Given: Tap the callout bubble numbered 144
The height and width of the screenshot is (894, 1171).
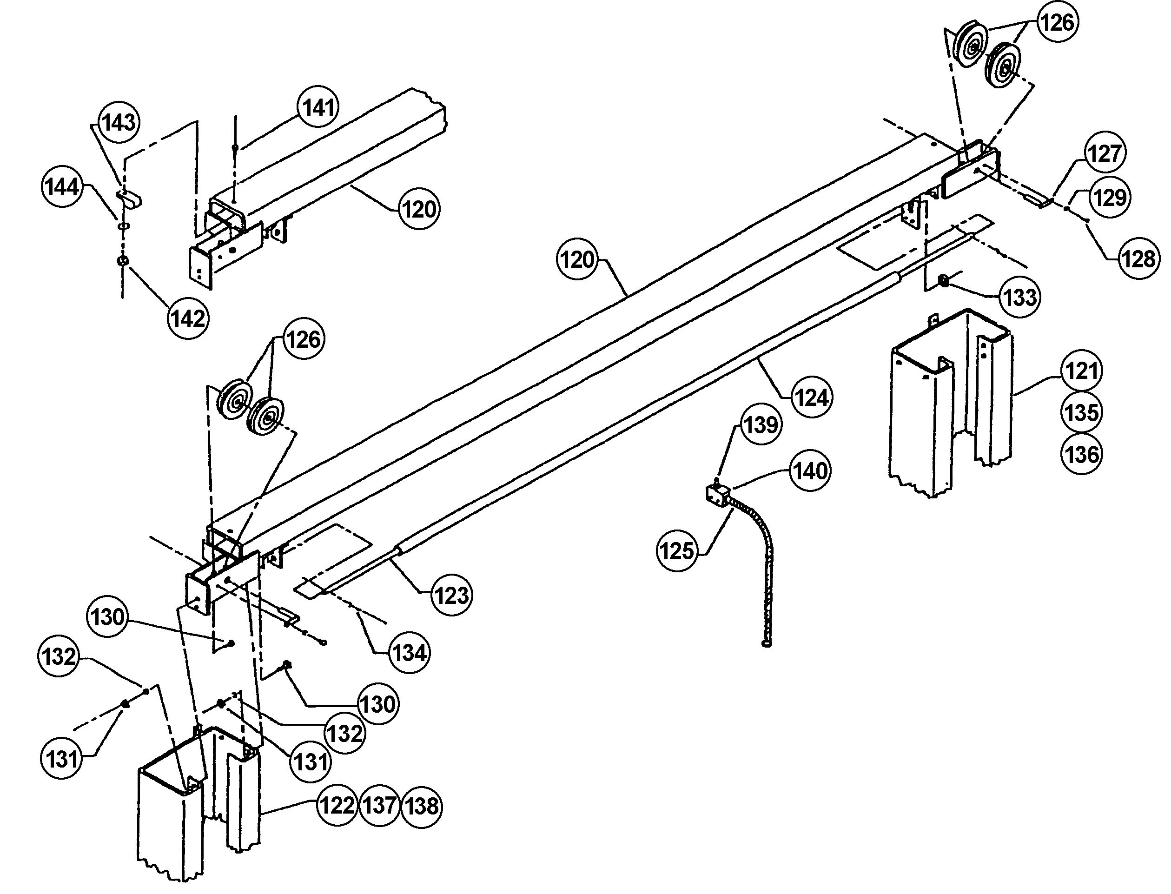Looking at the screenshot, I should [62, 187].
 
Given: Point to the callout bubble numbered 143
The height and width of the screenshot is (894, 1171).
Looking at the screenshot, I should [119, 123].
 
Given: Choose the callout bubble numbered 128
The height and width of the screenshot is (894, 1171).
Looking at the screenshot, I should [1139, 259].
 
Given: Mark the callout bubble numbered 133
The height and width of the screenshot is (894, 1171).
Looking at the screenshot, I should [1019, 297].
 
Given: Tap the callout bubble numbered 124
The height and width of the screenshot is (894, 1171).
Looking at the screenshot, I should [811, 397].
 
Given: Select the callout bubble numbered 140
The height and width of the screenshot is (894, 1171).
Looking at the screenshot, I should [810, 470].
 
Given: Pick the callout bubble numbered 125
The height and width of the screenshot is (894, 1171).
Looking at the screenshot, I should [677, 551].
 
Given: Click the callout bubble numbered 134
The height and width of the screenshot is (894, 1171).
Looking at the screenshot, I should [408, 652].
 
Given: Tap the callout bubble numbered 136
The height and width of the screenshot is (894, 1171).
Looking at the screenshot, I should [1082, 455].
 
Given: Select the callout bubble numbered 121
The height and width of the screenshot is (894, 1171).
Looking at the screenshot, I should [1082, 371].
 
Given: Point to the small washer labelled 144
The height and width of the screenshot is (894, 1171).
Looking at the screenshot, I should [123, 225].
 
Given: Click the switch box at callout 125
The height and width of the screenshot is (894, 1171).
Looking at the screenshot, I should [715, 494].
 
